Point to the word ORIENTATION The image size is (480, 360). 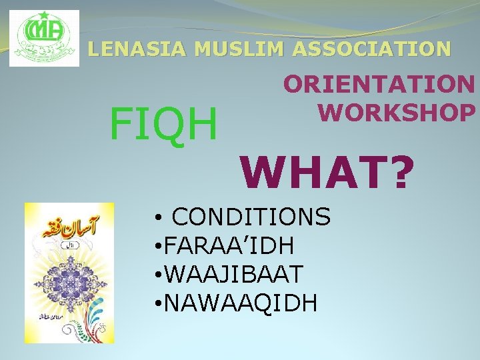pyautogui.click(x=379, y=85)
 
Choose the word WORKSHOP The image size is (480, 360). pyautogui.click(x=396, y=112)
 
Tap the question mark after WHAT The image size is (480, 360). pyautogui.click(x=399, y=173)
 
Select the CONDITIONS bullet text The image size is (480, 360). pyautogui.click(x=251, y=217)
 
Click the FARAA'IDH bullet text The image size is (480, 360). pyautogui.click(x=229, y=245)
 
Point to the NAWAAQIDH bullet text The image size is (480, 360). pyautogui.click(x=240, y=303)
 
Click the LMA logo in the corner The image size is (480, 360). pyautogui.click(x=44, y=39)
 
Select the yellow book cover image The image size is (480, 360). pyautogui.click(x=69, y=273)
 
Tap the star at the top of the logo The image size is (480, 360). pyautogui.click(x=44, y=15)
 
